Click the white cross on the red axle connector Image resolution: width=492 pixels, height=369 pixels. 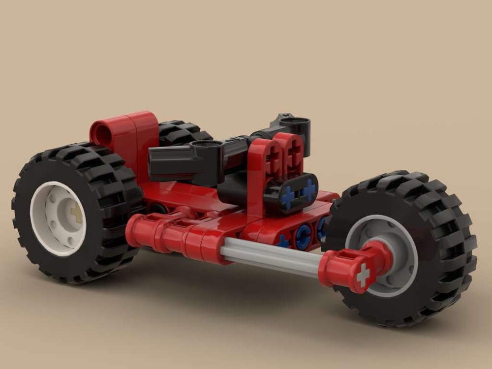[x=363, y=275]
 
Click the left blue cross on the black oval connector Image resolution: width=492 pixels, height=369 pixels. [x=288, y=196]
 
